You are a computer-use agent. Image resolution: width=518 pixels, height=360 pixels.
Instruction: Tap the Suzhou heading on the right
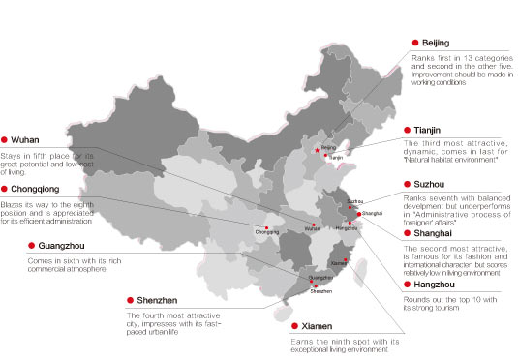[x=430, y=183]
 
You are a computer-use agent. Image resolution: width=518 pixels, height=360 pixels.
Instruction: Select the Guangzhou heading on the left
[x=57, y=246]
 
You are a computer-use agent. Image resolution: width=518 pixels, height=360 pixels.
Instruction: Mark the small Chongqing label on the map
[x=268, y=232]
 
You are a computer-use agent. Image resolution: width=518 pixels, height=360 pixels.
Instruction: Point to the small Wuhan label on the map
[x=311, y=229]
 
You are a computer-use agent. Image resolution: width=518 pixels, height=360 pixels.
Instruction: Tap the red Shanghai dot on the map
[x=359, y=214]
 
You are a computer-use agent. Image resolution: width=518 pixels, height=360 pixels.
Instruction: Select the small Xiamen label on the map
[x=337, y=263]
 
